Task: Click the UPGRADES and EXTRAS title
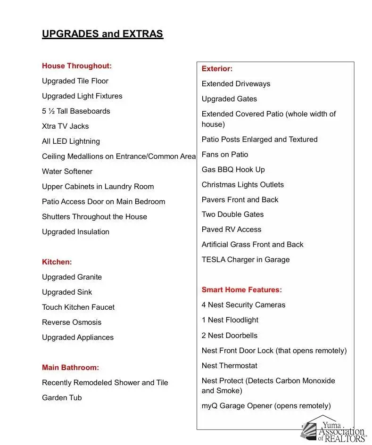[x=102, y=34]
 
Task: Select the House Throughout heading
[x=77, y=66]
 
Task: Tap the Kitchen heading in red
[x=57, y=262]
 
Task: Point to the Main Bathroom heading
[x=70, y=368]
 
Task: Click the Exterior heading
[x=217, y=69]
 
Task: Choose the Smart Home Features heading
[x=241, y=290]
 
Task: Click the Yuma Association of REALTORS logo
[x=334, y=429]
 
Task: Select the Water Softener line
[x=67, y=172]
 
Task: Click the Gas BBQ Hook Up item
[x=233, y=170]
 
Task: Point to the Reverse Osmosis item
[x=72, y=322]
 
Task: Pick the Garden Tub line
[x=62, y=398]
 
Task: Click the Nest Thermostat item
[x=230, y=366]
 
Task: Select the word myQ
[x=209, y=406]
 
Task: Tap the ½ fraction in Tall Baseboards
[x=51, y=111]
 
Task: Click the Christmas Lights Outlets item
[x=242, y=185]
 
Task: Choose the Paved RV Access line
[x=231, y=230]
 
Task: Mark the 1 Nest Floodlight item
[x=230, y=320]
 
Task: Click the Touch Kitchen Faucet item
[x=78, y=307]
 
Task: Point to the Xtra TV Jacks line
[x=65, y=126]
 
